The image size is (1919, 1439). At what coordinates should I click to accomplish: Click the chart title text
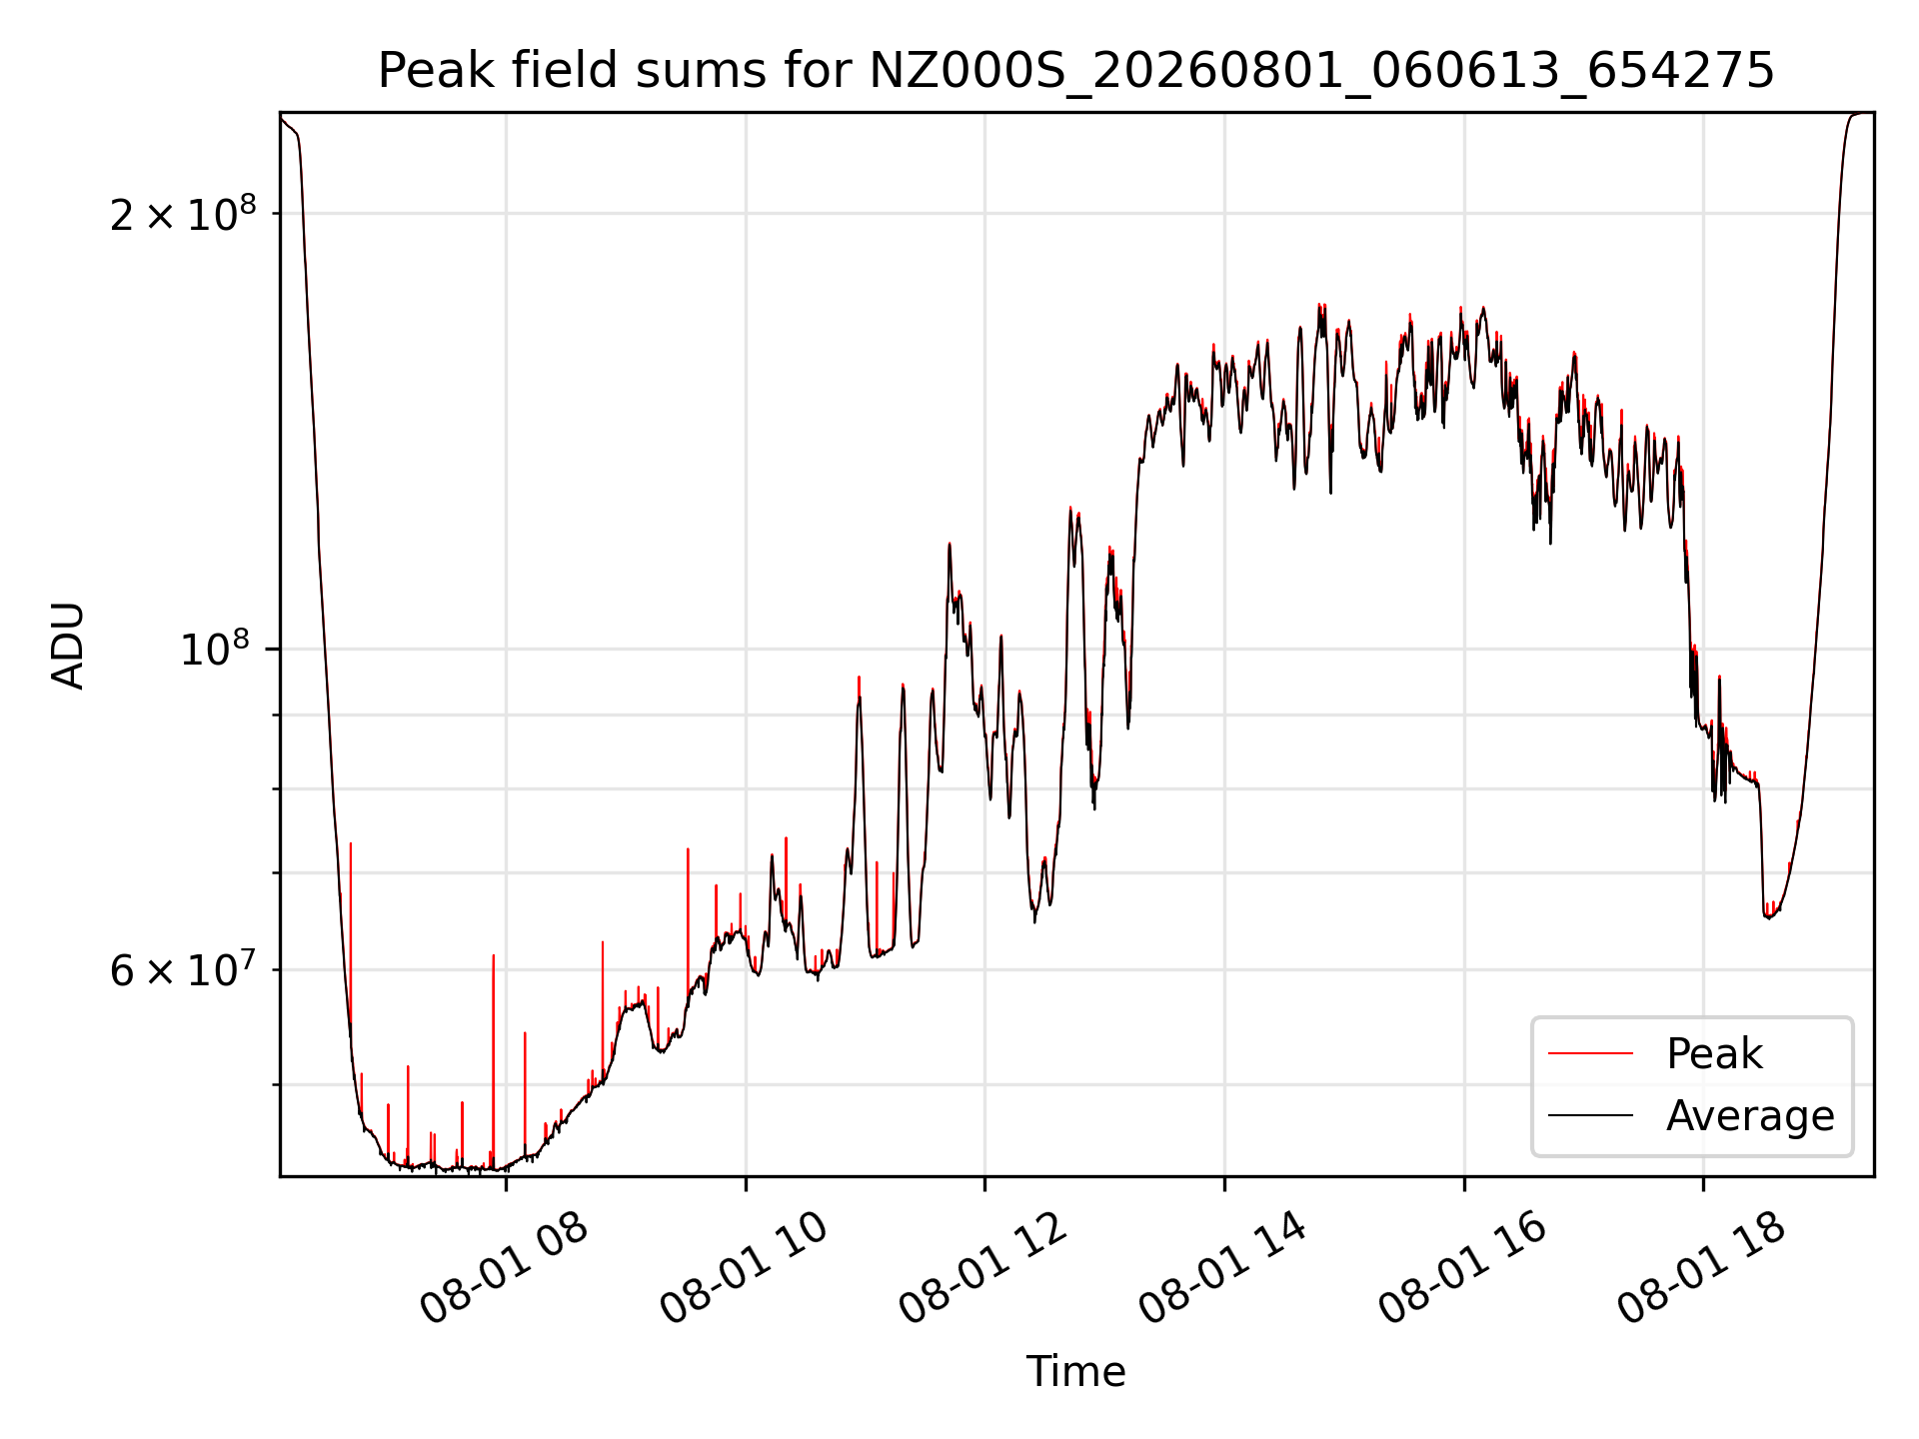click(x=1075, y=72)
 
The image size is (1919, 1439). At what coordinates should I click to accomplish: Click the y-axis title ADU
click(x=68, y=645)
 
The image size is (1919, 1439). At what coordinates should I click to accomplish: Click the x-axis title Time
click(x=1075, y=1372)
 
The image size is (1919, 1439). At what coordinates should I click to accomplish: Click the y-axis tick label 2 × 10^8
click(x=183, y=213)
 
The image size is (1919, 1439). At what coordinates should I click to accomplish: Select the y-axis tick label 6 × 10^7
click(x=183, y=969)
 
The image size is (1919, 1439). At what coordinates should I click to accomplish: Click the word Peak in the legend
click(x=1714, y=1054)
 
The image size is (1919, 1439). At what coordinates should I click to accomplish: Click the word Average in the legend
click(x=1750, y=1116)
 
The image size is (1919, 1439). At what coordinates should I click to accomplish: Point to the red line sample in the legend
click(x=1590, y=1053)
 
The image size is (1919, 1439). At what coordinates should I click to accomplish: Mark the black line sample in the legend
click(x=1590, y=1115)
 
